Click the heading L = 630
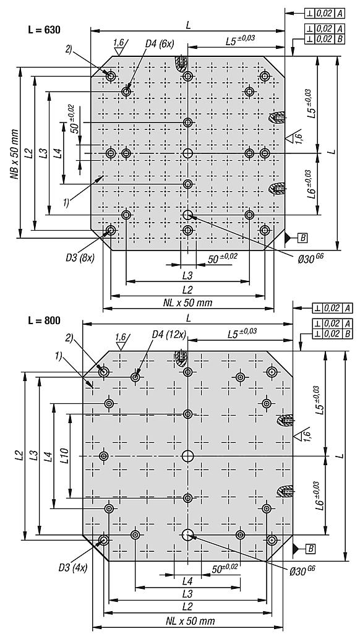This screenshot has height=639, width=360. tap(43, 30)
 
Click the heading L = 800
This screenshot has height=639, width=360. tap(44, 320)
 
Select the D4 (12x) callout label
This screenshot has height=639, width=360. tap(169, 335)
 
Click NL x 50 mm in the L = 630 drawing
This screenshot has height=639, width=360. tap(188, 302)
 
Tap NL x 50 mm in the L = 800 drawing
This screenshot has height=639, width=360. tap(190, 621)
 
